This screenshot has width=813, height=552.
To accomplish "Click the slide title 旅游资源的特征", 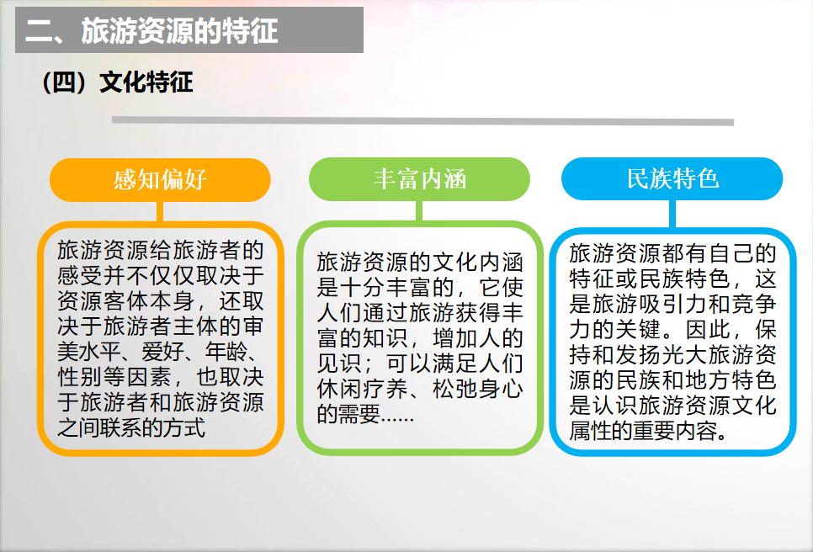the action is tap(179, 30).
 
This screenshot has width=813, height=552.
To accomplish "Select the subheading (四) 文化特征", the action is tap(117, 82).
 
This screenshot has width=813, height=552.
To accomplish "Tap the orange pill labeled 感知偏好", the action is tap(160, 180).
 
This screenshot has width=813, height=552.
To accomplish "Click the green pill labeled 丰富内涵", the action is tap(419, 179).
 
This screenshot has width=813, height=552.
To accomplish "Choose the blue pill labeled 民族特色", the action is tap(672, 178).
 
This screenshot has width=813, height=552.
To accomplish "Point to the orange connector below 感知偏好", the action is tap(160, 212).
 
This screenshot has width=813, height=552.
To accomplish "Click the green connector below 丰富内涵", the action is tap(419, 211).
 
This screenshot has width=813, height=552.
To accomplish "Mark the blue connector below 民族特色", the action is tap(672, 214).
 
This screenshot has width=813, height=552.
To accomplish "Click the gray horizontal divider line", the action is tap(422, 121).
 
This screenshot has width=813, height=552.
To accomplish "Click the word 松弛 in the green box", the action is tap(454, 389).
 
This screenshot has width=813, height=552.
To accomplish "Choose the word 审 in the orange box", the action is tap(253, 326).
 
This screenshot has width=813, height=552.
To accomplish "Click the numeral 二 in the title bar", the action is tap(39, 31).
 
